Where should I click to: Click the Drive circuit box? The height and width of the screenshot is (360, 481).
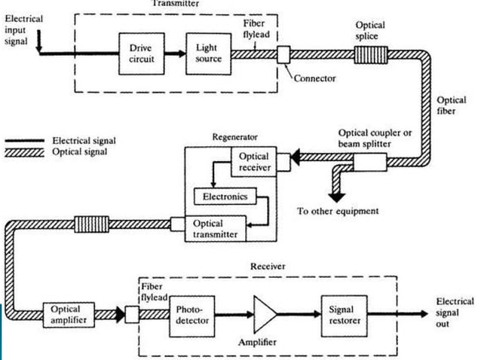pyautogui.click(x=142, y=54)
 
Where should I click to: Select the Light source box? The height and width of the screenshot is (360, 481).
pyautogui.click(x=209, y=54)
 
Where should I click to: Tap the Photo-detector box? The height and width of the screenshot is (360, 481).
pyautogui.click(x=192, y=316)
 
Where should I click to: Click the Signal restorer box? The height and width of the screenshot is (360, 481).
pyautogui.click(x=345, y=316)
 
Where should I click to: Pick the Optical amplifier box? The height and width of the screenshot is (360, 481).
pyautogui.click(x=69, y=315)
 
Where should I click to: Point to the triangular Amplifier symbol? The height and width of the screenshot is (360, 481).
pyautogui.click(x=265, y=314)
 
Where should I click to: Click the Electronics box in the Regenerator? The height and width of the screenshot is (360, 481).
pyautogui.click(x=225, y=197)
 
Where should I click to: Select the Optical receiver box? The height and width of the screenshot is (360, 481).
pyautogui.click(x=253, y=162)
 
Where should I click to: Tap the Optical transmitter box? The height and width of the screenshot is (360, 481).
pyautogui.click(x=216, y=228)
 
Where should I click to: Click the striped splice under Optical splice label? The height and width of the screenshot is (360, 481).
pyautogui.click(x=371, y=55)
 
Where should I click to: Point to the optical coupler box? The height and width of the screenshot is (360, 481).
pyautogui.click(x=370, y=162)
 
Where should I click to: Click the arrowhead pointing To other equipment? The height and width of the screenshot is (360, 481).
pyautogui.click(x=337, y=197)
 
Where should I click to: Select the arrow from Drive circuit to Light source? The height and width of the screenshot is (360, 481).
pyautogui.click(x=175, y=54)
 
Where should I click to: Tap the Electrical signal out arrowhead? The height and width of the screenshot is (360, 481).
pyautogui.click(x=424, y=314)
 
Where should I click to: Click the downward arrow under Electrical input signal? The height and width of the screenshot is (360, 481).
pyautogui.click(x=39, y=41)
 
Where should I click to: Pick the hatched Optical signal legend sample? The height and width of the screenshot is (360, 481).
pyautogui.click(x=25, y=153)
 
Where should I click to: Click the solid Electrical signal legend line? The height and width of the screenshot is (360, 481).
pyautogui.click(x=25, y=141)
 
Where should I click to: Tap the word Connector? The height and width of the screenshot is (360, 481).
pyautogui.click(x=314, y=78)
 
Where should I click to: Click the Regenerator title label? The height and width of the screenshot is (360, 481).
pyautogui.click(x=235, y=137)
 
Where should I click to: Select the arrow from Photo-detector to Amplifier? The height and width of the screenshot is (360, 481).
pyautogui.click(x=234, y=314)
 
